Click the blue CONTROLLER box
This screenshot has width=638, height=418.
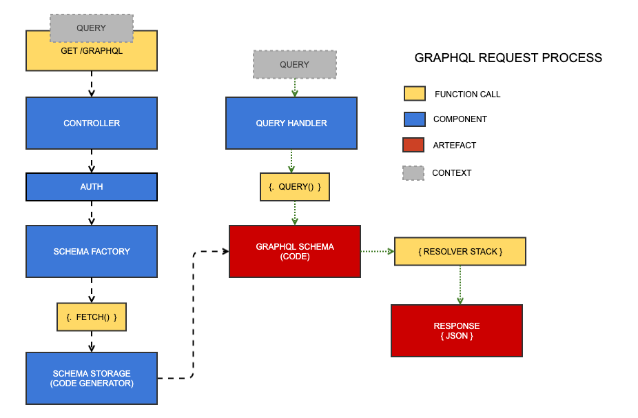pos(92,123)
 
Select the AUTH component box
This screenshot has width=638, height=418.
pos(92,187)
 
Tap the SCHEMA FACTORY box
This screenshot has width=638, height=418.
pos(92,251)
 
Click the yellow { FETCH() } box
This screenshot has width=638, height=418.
pos(92,317)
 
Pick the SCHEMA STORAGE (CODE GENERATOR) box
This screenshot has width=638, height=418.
pos(92,378)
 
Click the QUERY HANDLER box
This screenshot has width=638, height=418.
pos(291,123)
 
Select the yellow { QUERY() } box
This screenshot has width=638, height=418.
pos(295,187)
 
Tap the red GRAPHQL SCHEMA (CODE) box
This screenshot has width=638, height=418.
pos(295,251)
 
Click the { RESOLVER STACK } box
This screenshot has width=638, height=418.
pos(460,251)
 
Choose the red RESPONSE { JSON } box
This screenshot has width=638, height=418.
pos(456,330)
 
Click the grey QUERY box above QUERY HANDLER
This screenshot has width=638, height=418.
pos(295,64)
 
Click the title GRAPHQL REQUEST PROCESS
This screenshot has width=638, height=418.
pos(508,58)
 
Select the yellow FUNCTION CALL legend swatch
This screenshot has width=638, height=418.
pos(414,94)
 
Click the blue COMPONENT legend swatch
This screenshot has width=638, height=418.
pos(414,119)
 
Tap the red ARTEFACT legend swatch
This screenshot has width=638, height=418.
pos(413,145)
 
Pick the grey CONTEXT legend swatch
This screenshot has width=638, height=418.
pos(413,172)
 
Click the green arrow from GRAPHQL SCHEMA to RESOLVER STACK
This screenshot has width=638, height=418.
pos(377,251)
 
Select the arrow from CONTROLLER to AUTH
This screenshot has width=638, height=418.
pos(92,161)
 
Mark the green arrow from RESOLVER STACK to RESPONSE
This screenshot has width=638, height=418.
pos(460,284)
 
